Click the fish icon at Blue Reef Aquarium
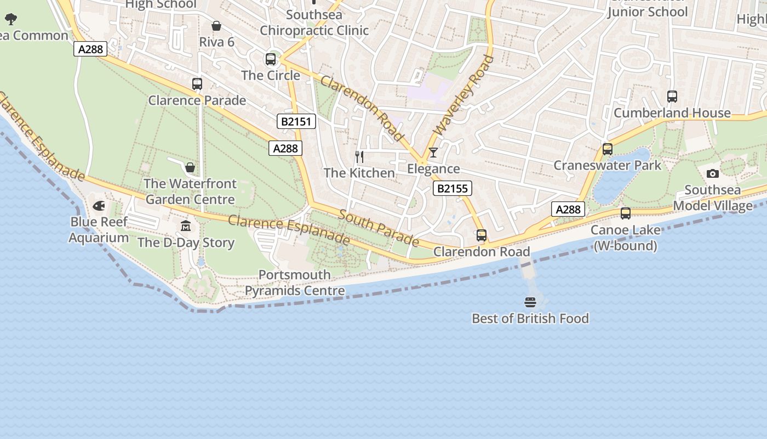(99, 206)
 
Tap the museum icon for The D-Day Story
(186, 226)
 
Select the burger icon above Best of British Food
(530, 302)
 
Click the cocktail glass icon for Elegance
(433, 152)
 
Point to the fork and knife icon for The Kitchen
(359, 157)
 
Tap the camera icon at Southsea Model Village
(712, 173)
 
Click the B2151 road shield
(296, 121)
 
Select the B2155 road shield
(453, 189)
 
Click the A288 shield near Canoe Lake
(568, 209)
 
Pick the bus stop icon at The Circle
(271, 59)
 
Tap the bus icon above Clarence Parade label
(197, 84)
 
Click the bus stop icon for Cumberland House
(672, 97)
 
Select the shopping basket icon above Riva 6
(216, 26)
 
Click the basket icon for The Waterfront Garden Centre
(190, 167)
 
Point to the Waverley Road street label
(463, 95)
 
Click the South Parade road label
(378, 228)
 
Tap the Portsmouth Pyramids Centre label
(295, 283)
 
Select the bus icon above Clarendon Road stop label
(481, 235)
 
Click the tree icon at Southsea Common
(11, 20)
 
